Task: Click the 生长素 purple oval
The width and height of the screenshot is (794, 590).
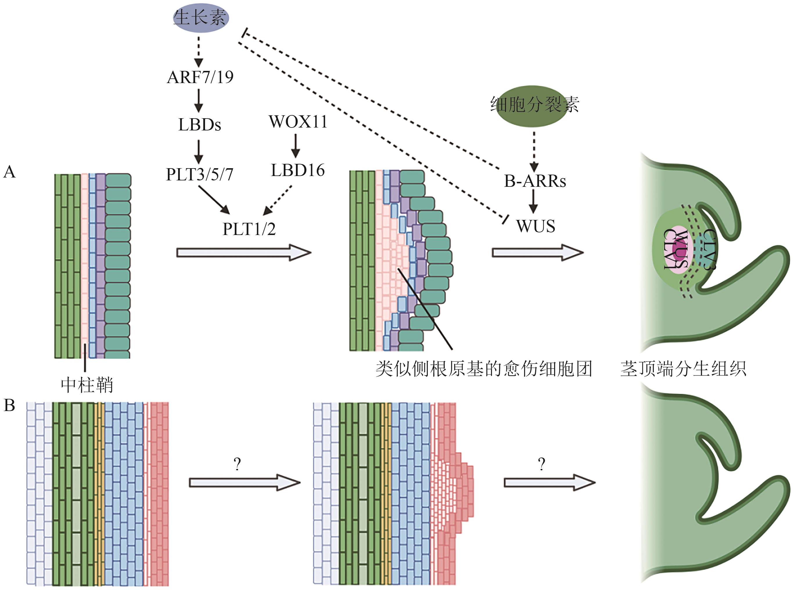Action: (200, 17)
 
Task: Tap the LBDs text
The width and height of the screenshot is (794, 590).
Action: (200, 125)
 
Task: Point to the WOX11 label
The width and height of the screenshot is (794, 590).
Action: (298, 122)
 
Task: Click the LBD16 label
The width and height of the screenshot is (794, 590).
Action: (298, 170)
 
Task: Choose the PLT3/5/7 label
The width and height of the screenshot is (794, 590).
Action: (200, 175)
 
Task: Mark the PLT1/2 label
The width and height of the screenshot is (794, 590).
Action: (249, 229)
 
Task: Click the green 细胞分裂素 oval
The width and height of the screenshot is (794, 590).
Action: (534, 105)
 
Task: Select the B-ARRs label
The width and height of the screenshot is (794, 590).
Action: (534, 181)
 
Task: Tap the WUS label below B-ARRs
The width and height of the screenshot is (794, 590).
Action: (536, 226)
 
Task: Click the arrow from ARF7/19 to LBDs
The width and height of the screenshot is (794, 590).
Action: (199, 100)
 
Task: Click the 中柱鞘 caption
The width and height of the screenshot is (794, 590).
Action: (87, 385)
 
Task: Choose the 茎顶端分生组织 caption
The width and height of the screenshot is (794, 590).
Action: (683, 369)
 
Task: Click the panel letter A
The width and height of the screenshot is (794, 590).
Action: (10, 172)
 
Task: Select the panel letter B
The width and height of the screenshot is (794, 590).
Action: (10, 405)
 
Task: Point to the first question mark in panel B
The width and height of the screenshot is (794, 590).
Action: (237, 464)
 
